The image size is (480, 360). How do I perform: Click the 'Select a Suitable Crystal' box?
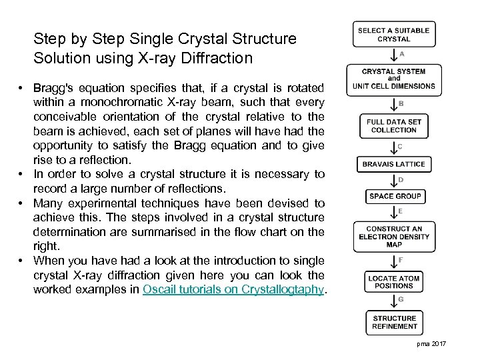(x=393, y=35)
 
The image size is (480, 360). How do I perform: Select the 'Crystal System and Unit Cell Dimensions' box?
(x=393, y=79)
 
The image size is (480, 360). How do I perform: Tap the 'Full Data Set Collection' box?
(x=393, y=126)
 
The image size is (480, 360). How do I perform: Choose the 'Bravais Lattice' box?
(x=393, y=164)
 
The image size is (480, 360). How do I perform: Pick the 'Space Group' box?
(x=395, y=196)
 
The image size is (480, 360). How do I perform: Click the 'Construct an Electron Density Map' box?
(x=393, y=237)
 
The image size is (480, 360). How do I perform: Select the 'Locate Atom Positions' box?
(x=394, y=281)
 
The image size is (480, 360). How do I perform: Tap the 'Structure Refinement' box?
(x=395, y=322)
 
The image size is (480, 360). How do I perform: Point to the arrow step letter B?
(x=400, y=103)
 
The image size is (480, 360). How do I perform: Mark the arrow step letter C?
(x=399, y=146)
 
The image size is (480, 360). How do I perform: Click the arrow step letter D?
(x=400, y=179)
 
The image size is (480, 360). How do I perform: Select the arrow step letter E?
(x=400, y=211)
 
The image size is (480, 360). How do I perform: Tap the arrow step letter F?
(x=400, y=259)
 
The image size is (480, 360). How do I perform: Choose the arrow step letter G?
(x=401, y=299)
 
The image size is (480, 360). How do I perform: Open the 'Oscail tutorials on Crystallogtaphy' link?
(x=233, y=290)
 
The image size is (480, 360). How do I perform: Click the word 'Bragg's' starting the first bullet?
(x=53, y=89)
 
